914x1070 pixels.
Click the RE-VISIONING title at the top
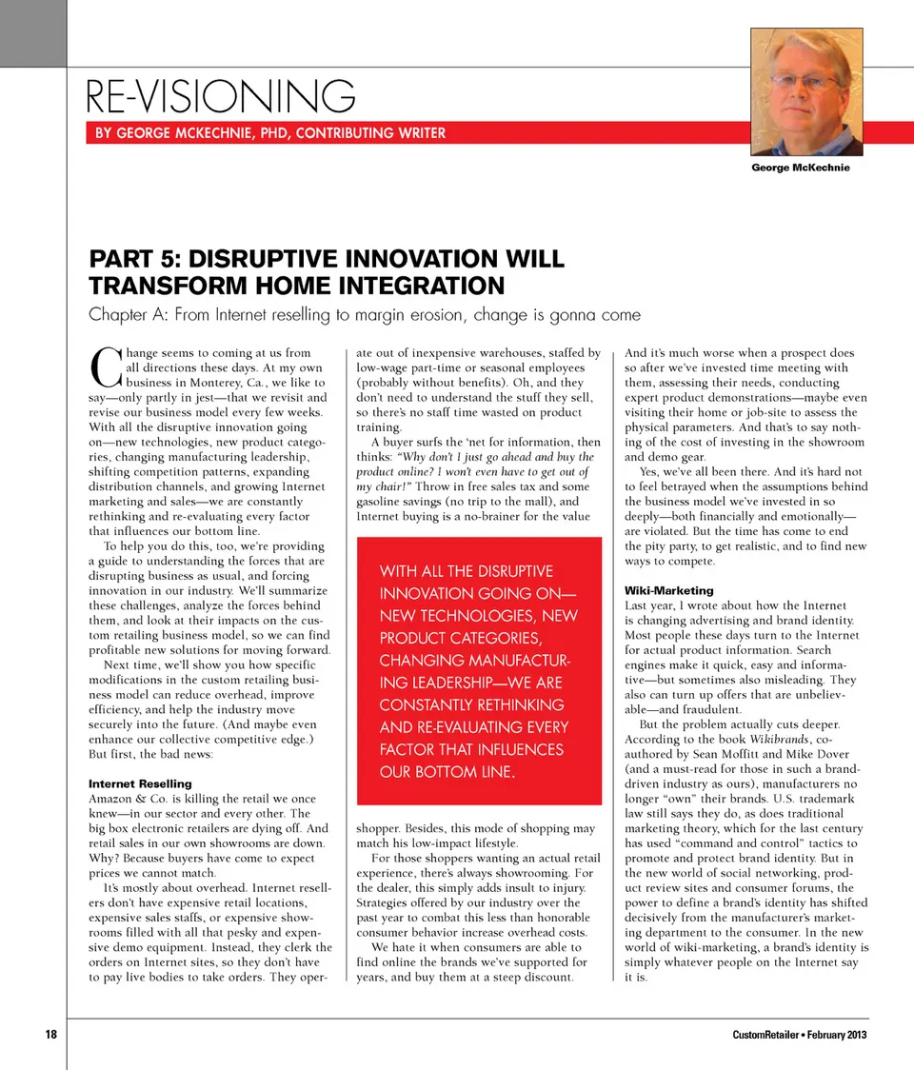tap(220, 96)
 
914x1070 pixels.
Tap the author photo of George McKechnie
tap(806, 91)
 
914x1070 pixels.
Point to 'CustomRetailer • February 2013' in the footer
tap(800, 1035)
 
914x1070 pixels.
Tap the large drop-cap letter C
tap(106, 364)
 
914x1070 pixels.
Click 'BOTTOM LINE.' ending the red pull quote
tap(447, 771)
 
